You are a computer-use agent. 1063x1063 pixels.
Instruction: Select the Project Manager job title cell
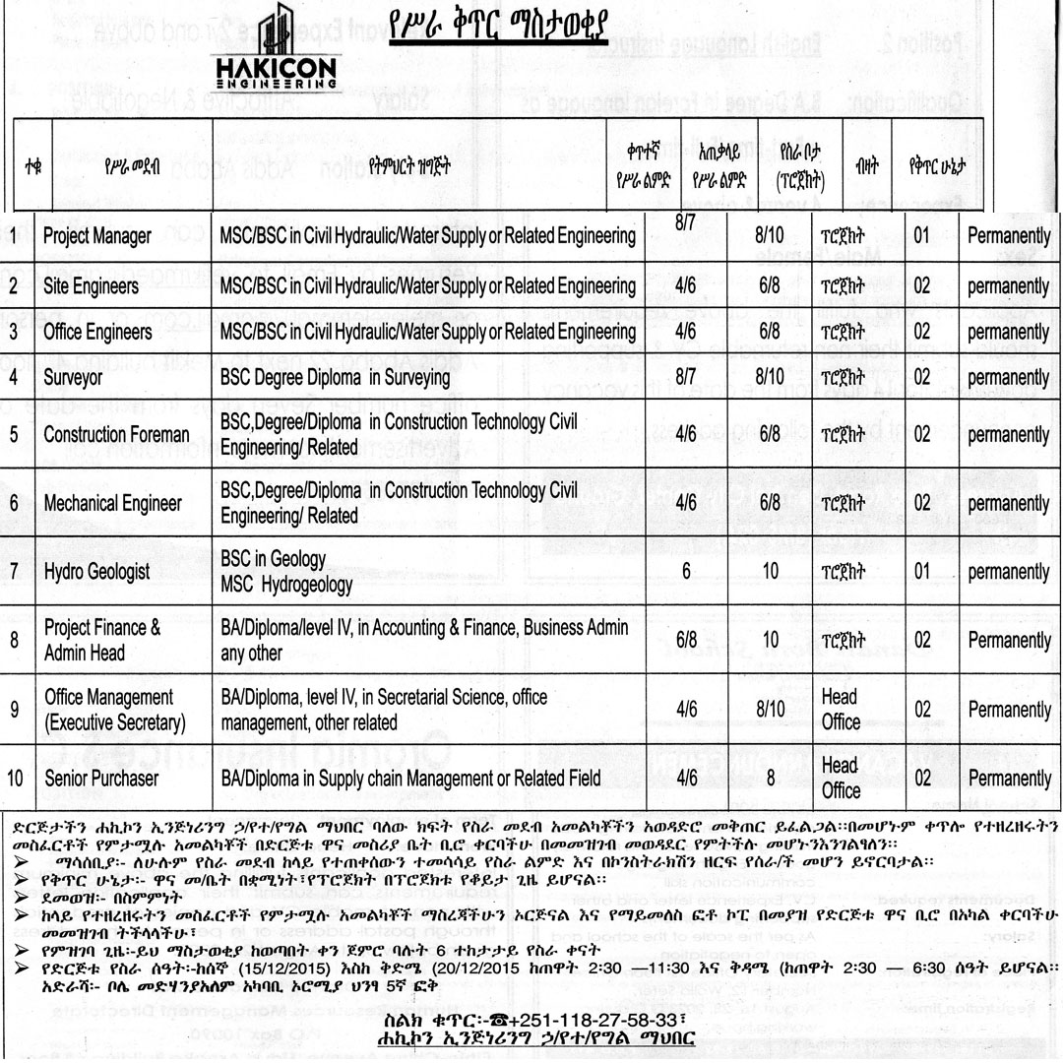coord(97,236)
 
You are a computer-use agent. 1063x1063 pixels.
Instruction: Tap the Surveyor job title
coord(77,378)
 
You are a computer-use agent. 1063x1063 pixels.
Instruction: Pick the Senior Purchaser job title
coord(101,779)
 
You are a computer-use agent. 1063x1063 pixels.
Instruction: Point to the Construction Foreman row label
coord(116,434)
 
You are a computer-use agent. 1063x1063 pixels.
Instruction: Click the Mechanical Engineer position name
coord(112,504)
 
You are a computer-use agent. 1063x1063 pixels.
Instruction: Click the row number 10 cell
coord(15,779)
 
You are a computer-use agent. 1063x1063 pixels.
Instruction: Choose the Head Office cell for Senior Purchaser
coord(841,778)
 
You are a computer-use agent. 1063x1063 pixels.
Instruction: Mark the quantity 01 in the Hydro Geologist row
coord(921,572)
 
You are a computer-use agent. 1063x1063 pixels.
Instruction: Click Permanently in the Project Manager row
coord(1009,236)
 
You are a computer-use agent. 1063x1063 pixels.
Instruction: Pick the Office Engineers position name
coord(97,332)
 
